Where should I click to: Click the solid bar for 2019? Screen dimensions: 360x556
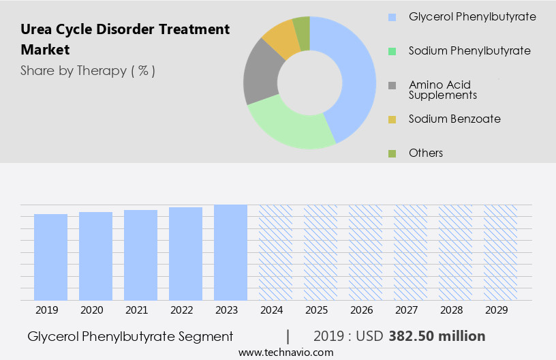point(50,257)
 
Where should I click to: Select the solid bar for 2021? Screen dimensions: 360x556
point(140,255)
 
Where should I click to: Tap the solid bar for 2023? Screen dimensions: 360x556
point(230,252)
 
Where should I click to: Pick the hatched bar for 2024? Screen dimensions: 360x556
point(275,252)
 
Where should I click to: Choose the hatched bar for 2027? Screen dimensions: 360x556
point(410,252)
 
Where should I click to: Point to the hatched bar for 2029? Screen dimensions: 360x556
point(500,252)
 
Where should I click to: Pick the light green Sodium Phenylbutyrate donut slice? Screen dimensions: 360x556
point(290,125)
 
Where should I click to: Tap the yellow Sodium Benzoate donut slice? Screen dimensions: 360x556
point(281,40)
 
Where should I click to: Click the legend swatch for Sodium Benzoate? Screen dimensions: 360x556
point(392,119)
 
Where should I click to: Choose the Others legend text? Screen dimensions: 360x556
point(426,153)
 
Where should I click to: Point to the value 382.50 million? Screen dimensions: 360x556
point(437,336)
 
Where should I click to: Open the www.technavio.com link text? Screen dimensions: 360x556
point(285,352)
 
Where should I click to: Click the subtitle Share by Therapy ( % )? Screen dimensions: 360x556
point(88,70)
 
